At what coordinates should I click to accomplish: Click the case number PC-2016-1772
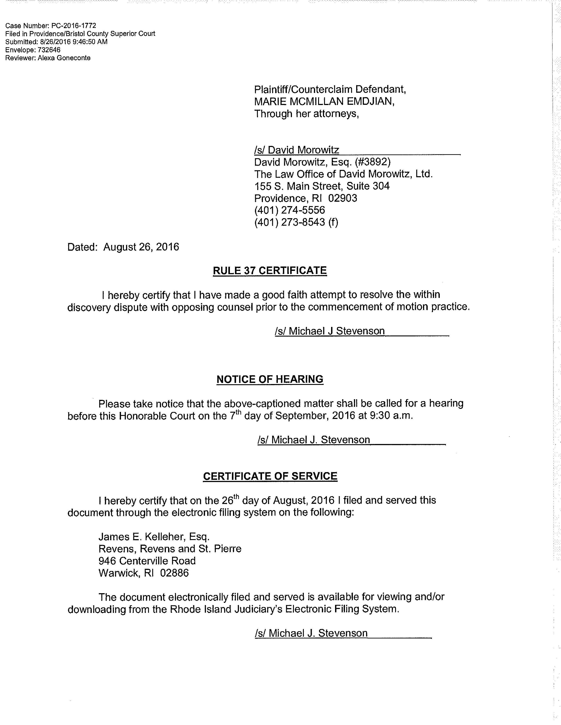pyautogui.click(x=73, y=25)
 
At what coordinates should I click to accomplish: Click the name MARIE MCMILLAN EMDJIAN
pyautogui.click(x=324, y=101)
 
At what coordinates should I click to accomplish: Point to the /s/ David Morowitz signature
pyautogui.click(x=297, y=150)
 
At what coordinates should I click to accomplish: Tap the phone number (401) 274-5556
pyautogui.click(x=290, y=210)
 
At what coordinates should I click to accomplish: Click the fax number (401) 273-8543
pyautogui.click(x=290, y=222)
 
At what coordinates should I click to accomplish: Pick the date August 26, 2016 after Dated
pyautogui.click(x=141, y=247)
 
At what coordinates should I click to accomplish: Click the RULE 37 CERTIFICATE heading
pyautogui.click(x=269, y=270)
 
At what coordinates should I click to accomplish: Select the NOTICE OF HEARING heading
pyautogui.click(x=269, y=379)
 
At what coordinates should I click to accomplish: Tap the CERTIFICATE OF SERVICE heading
pyautogui.click(x=270, y=476)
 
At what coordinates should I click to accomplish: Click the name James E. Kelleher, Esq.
pyautogui.click(x=154, y=537)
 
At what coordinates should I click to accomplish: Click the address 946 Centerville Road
pyautogui.click(x=147, y=561)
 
